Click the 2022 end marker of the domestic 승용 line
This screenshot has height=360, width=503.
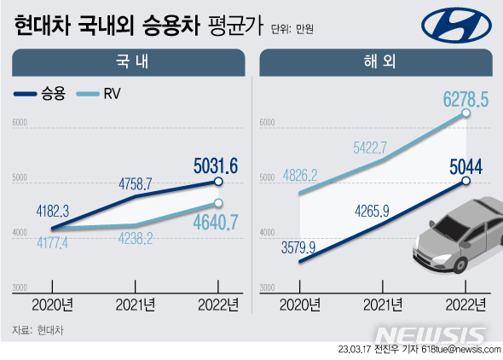coord(219,182)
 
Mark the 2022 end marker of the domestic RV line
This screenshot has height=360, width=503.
coord(219,203)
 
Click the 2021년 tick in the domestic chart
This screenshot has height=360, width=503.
coord(136,305)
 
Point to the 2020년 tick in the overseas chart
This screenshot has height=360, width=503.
coord(299,305)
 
